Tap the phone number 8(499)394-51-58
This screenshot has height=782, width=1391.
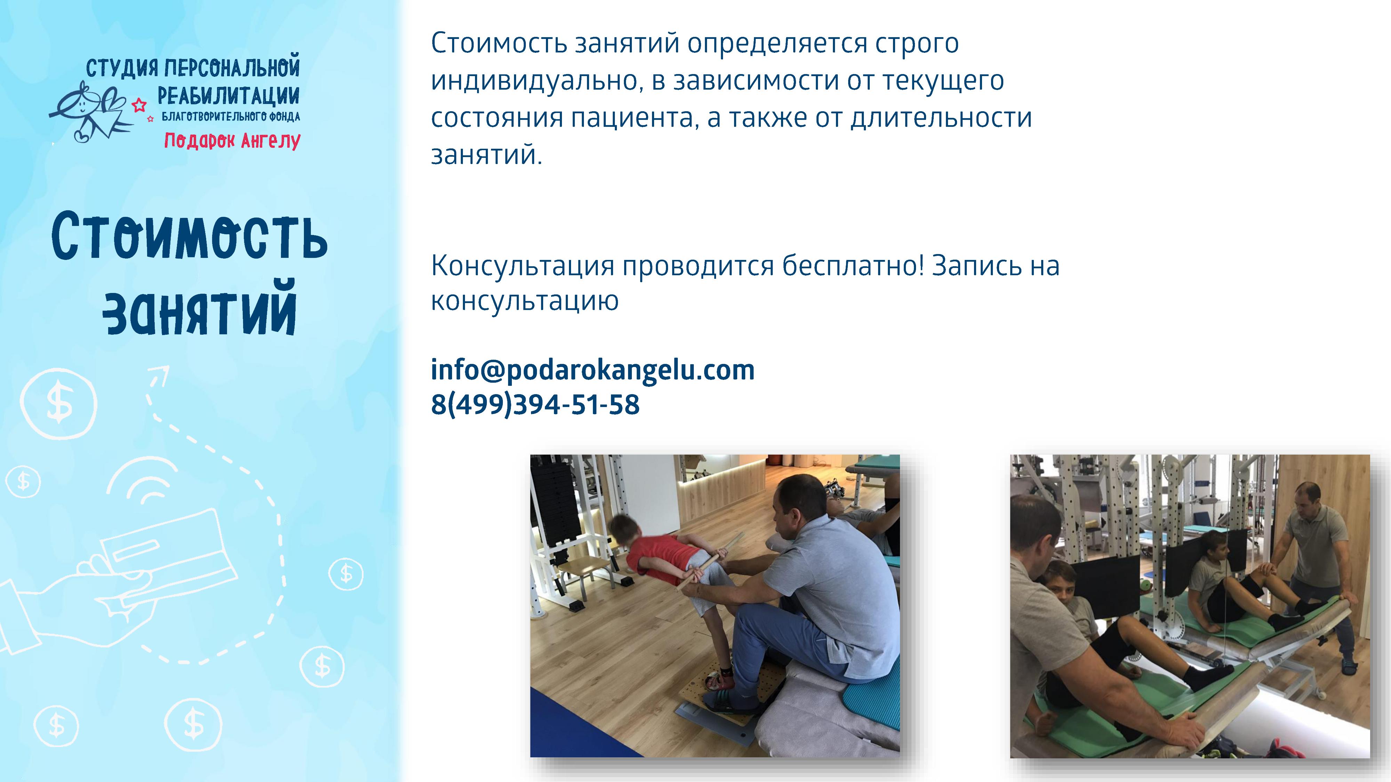pos(535,405)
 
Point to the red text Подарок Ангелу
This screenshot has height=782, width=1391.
pos(232,140)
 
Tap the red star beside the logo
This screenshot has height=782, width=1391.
pos(139,104)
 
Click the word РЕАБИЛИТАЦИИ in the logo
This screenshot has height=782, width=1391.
pos(228,96)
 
